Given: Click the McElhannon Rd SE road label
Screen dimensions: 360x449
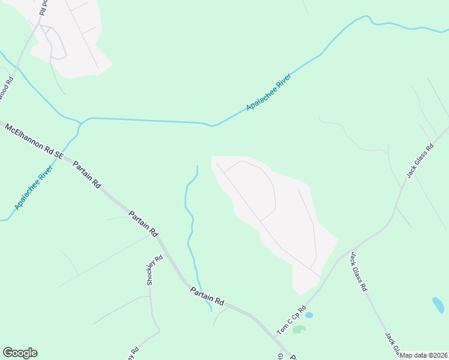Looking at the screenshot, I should [34, 141].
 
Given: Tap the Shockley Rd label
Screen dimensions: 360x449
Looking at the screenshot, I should [155, 271].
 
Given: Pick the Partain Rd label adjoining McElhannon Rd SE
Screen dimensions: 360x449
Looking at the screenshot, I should [86, 175].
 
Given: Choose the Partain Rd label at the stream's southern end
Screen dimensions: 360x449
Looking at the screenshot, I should [207, 296].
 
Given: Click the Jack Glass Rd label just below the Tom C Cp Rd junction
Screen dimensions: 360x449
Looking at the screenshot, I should [358, 271].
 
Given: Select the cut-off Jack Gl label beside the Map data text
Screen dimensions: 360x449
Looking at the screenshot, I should [392, 343].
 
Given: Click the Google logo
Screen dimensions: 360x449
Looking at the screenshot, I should [20, 353].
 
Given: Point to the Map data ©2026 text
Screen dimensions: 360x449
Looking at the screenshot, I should [424, 355].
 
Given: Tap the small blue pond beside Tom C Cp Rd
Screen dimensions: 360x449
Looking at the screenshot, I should [309, 314].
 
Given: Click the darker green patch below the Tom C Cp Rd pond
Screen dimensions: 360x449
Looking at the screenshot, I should [299, 329].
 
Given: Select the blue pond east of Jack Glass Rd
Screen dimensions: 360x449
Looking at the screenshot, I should [438, 305].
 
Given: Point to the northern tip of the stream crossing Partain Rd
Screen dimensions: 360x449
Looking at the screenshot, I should [197, 166].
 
